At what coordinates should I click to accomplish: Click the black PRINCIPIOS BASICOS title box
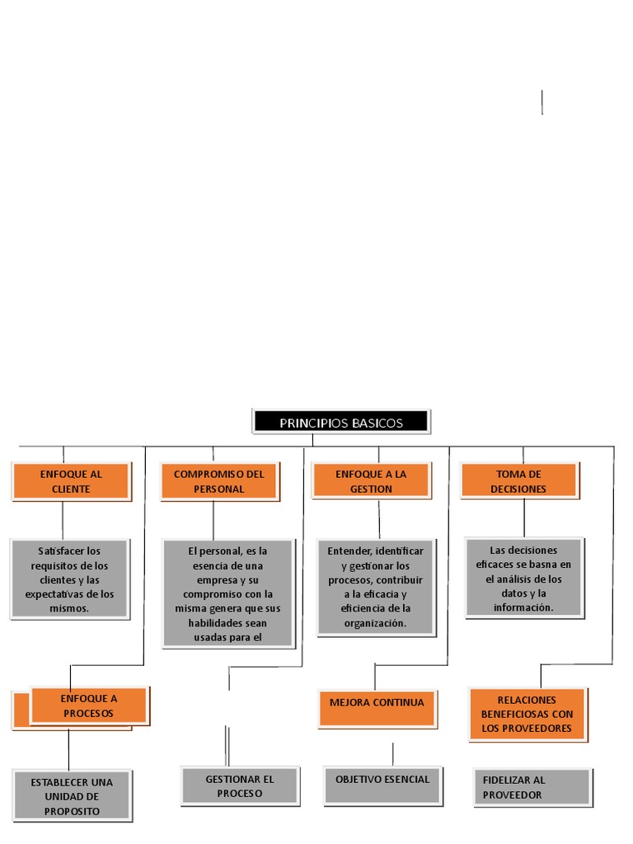340,422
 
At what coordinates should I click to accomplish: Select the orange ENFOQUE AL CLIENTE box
71,481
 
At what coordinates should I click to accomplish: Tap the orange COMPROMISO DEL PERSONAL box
219,481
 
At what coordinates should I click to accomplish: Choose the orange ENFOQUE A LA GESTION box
371,481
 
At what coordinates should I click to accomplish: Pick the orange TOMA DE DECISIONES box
518,481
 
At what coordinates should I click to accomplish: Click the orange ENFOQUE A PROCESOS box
89,706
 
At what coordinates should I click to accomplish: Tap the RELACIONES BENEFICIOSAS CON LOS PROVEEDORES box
527,714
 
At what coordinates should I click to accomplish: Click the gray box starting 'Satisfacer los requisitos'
69,579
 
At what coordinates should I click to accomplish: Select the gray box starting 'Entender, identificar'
375,587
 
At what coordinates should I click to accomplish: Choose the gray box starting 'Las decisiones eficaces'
524,578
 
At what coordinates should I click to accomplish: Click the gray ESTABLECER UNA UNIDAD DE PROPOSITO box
72,795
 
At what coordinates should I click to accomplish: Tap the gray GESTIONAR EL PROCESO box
240,785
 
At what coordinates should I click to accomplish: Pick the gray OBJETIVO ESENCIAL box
382,785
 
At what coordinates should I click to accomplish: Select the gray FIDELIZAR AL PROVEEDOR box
532,787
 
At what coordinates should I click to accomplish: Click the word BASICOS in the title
377,423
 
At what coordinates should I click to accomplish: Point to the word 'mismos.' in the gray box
69,608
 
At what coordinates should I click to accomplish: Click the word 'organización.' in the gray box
375,623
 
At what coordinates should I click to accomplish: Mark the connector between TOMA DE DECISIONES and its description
524,518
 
